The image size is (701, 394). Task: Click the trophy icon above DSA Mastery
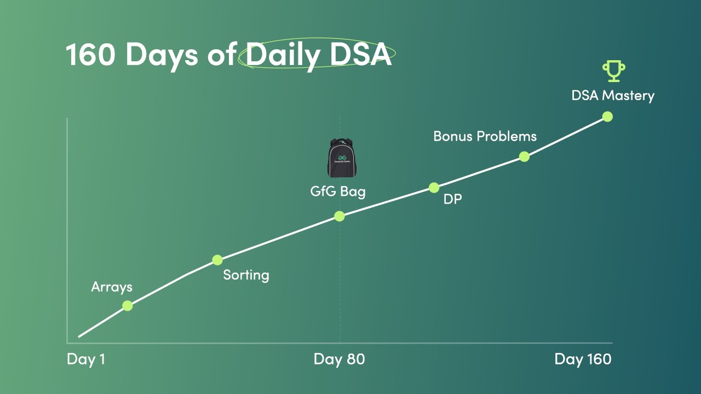tap(613, 72)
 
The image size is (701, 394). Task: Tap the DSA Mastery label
tap(613, 95)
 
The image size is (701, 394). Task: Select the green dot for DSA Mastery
tap(607, 117)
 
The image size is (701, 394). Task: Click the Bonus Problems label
tap(485, 136)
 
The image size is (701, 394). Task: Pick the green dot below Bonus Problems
tap(524, 157)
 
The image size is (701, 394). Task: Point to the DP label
tap(452, 199)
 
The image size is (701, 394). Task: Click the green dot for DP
tap(434, 188)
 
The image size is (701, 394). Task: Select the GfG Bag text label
tap(337, 192)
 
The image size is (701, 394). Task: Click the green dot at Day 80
tap(340, 216)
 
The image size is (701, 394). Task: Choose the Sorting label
tap(246, 275)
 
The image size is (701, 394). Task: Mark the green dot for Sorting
tap(217, 260)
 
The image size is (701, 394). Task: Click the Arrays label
tap(112, 287)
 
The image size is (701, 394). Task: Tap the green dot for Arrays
tap(128, 306)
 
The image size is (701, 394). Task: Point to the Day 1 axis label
tap(85, 360)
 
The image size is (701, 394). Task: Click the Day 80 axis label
tap(339, 360)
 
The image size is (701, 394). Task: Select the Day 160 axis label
tap(583, 360)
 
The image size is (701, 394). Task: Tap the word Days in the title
tap(162, 55)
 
